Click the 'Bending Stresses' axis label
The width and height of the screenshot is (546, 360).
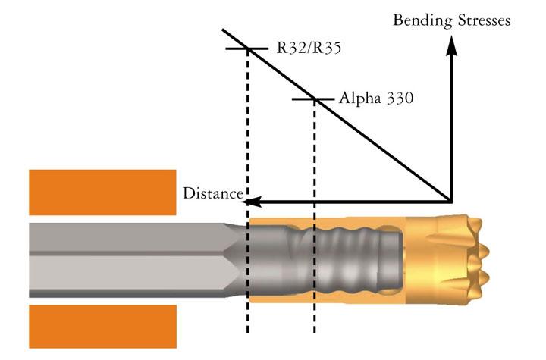451,20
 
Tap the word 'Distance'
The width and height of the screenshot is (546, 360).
212,193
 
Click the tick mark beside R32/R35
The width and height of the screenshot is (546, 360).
247,49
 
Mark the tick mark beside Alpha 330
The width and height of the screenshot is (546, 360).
313,99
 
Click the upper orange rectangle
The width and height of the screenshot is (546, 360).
102,192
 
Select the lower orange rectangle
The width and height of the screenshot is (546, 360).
102,326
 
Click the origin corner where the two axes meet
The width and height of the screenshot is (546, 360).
452,201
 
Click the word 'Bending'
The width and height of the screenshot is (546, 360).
419,20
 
